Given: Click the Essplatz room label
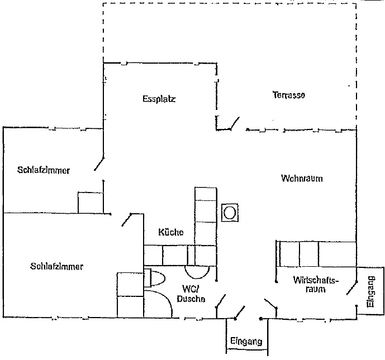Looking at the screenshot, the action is [x=159, y=99].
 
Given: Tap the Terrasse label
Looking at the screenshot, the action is [x=289, y=95].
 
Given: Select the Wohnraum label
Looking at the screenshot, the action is [x=302, y=178].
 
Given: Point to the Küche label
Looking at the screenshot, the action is [x=171, y=232].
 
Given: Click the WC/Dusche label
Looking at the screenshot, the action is [x=191, y=294].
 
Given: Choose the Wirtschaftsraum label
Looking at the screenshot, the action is [x=316, y=285].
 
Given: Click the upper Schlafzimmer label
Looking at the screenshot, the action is [x=44, y=170].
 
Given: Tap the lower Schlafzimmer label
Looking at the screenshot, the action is [x=57, y=266].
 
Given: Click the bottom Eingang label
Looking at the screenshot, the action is [x=246, y=341].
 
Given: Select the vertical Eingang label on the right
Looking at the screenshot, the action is [x=371, y=292].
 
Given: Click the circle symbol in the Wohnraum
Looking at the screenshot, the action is [x=230, y=213].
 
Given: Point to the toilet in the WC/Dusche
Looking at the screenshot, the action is [x=154, y=278].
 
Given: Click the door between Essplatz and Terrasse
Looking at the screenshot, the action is [x=235, y=123].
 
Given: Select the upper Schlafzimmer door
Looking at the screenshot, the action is [x=99, y=164].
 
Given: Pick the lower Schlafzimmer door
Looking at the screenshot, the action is [x=127, y=220].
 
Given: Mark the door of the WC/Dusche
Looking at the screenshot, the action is [x=221, y=301].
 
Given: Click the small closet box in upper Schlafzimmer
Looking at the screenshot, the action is [x=91, y=203].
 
